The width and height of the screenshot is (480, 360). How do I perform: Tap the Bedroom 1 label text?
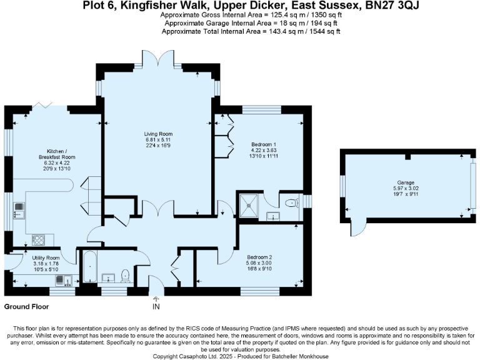[263, 144]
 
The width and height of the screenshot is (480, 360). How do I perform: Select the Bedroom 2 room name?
[259, 257]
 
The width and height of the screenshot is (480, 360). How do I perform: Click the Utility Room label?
[46, 257]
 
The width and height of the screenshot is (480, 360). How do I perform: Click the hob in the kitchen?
[37, 239]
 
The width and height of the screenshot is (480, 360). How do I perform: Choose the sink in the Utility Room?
[62, 280]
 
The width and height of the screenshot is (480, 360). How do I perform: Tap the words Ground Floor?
[26, 307]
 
